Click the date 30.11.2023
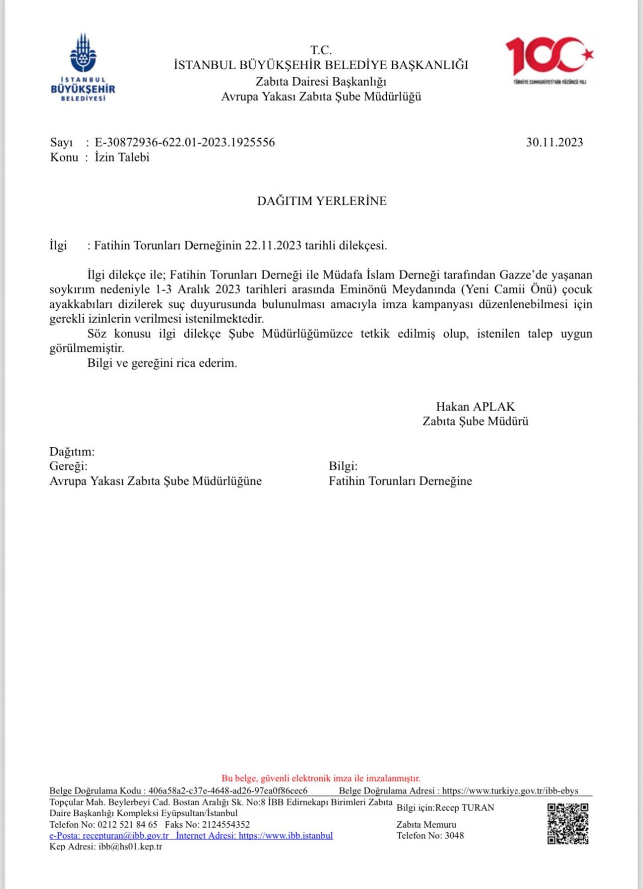(554, 142)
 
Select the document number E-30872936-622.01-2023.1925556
(185, 142)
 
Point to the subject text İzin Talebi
(122, 157)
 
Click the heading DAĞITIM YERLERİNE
(321, 201)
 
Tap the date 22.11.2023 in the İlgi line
(273, 245)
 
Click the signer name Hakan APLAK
(475, 406)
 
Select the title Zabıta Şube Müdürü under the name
(475, 421)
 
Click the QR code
(568, 824)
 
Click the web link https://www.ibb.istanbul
(285, 835)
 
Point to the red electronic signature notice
(321, 779)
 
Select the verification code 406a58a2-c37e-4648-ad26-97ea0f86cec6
(228, 791)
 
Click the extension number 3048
(454, 835)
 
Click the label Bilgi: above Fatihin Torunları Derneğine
(343, 466)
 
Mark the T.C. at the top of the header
(321, 50)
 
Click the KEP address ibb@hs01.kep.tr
(130, 847)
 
